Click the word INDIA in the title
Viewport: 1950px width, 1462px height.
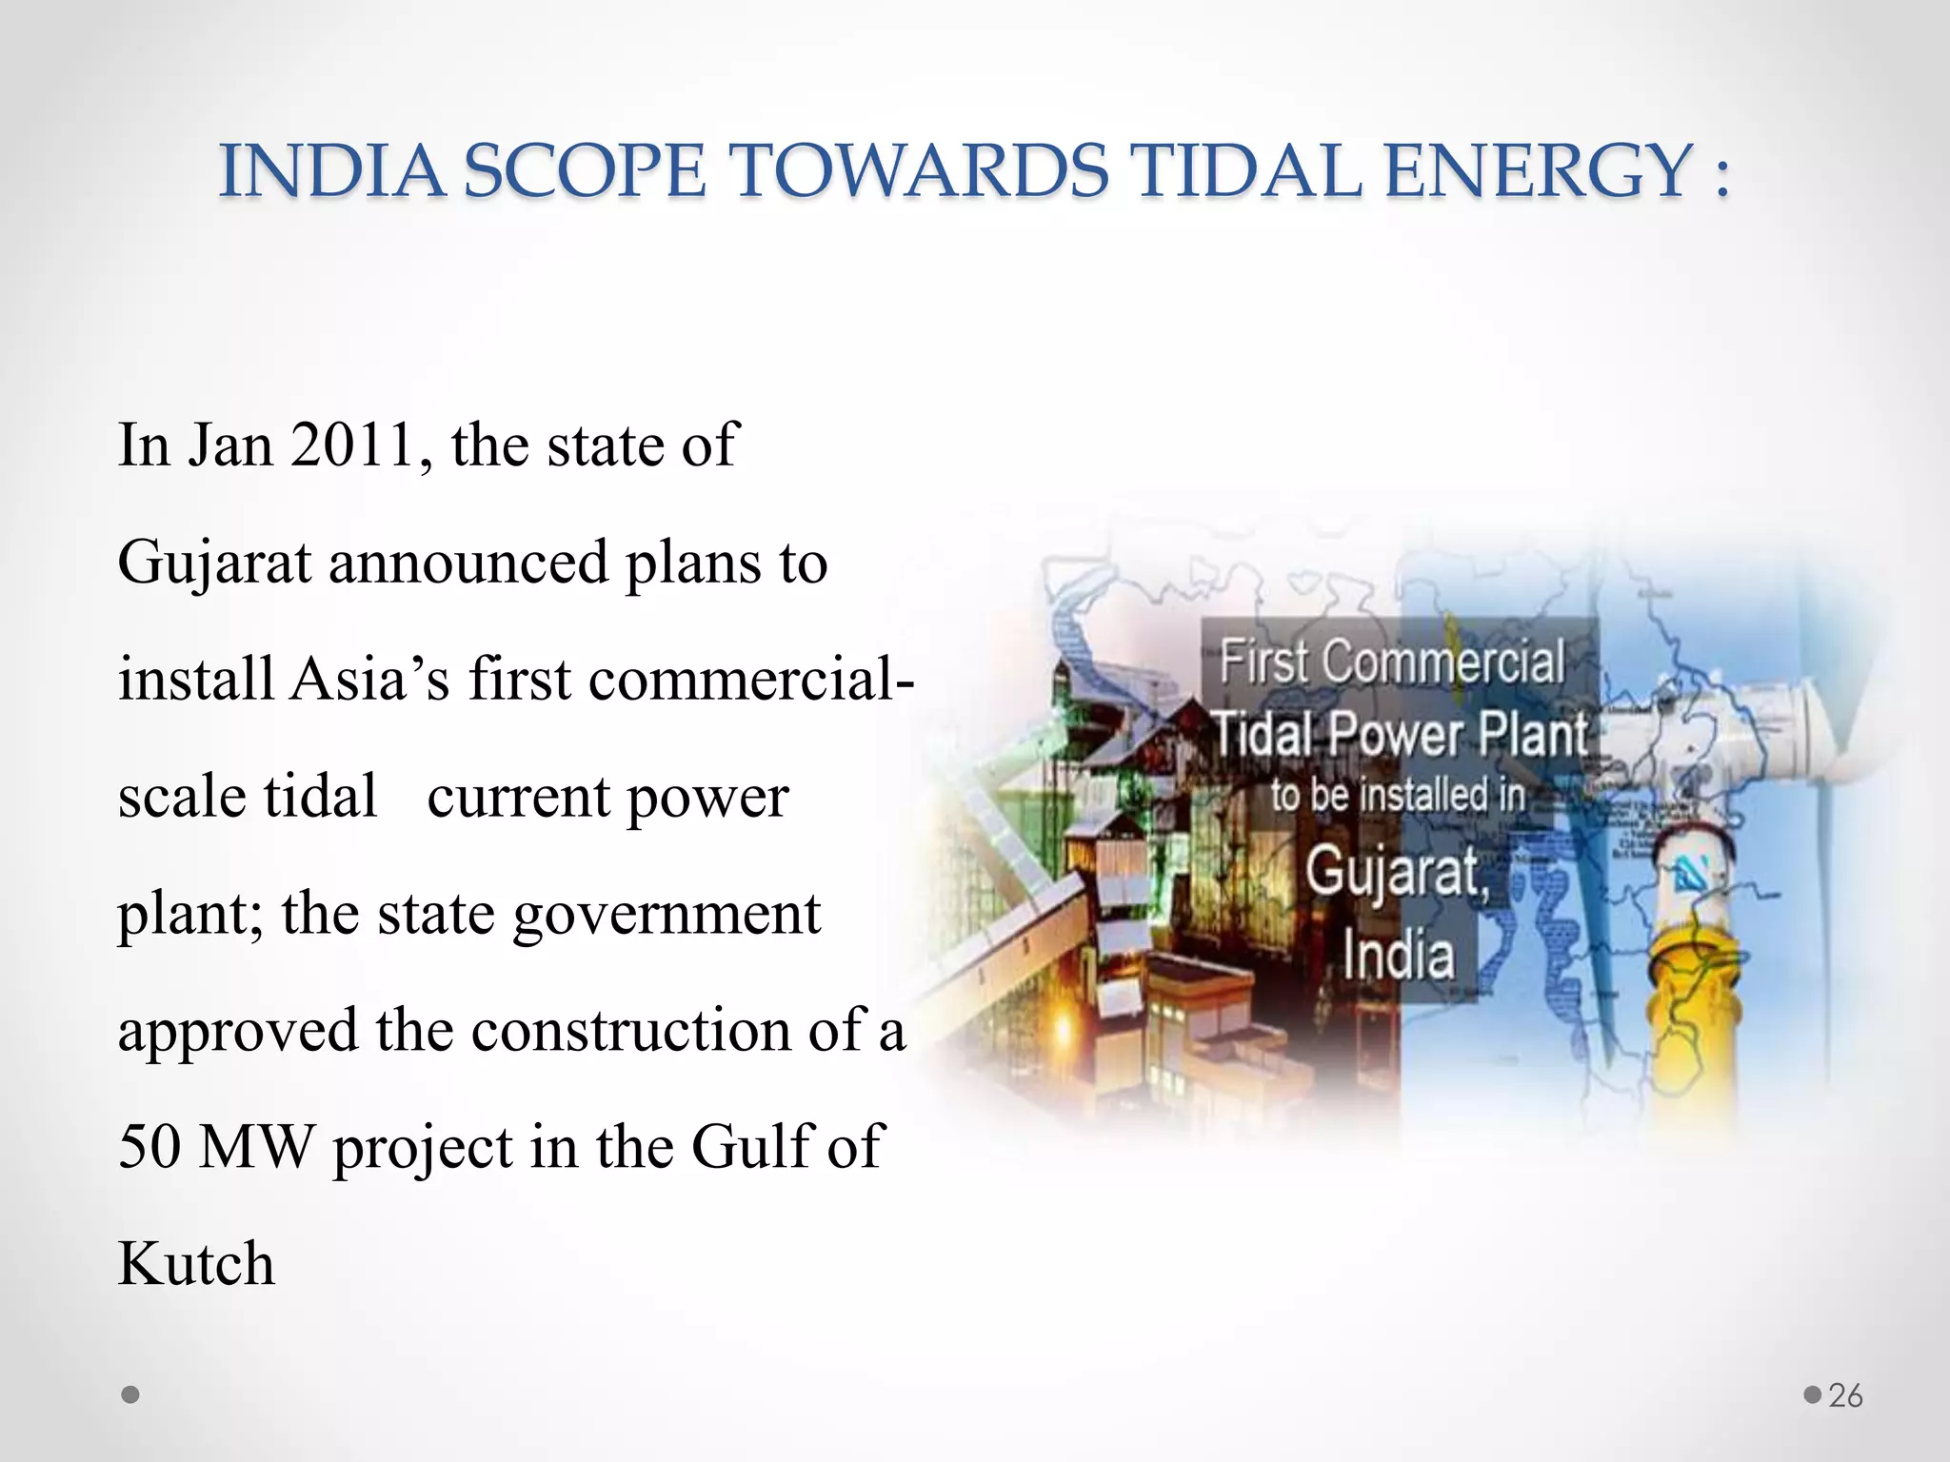(331, 172)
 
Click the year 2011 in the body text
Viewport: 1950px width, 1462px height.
(351, 445)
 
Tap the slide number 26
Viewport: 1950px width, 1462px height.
(1845, 1395)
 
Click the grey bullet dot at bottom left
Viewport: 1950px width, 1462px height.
(131, 1395)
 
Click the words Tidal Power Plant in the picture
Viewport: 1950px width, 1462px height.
(1400, 736)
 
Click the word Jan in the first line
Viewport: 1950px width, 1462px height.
(229, 445)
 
